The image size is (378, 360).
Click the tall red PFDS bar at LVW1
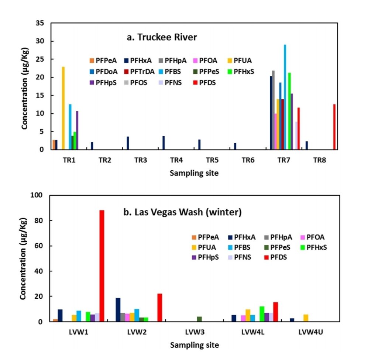pyautogui.click(x=102, y=266)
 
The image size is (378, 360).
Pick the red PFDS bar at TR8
pyautogui.click(x=334, y=127)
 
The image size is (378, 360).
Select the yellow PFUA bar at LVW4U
pyautogui.click(x=305, y=318)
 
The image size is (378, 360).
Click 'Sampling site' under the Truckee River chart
pyautogui.click(x=194, y=173)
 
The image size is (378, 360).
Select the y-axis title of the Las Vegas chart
pyautogui.click(x=23, y=258)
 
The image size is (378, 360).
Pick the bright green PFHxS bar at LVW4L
pyautogui.click(x=262, y=314)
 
